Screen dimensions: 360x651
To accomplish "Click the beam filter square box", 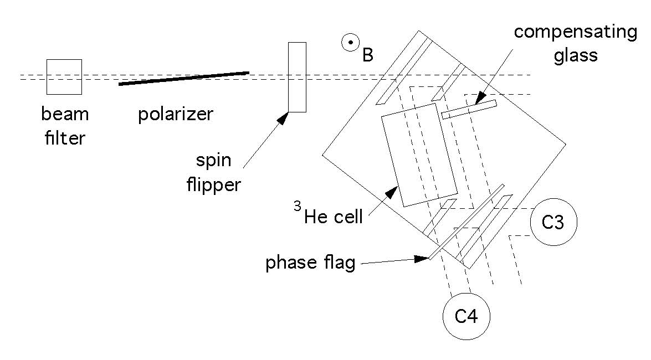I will click(64, 77).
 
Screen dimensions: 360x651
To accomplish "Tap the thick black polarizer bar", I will click(183, 78).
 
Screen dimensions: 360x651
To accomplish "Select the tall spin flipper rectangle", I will click(297, 77).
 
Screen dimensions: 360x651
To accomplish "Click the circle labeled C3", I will click(553, 223).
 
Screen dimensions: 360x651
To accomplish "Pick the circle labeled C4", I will click(467, 316).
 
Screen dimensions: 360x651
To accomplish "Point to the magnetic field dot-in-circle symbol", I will click(351, 43).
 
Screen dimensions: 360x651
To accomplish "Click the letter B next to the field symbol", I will click(367, 55).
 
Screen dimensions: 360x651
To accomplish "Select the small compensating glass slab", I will click(469, 109).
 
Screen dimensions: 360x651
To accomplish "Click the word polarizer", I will click(176, 114).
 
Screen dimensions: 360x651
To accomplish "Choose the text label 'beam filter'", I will click(65, 126).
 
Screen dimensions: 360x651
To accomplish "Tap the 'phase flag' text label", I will click(310, 263).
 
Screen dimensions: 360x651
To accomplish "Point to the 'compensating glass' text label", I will click(575, 43).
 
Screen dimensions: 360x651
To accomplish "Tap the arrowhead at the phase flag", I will click(424, 258).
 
